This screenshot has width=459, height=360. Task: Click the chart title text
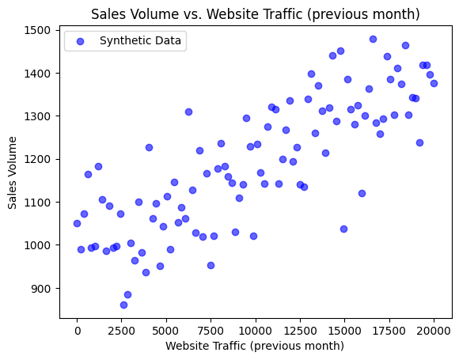[255, 14]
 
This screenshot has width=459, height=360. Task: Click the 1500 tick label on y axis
[40, 30]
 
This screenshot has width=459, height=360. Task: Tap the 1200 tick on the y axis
[40, 159]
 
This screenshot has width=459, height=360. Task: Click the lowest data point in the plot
[123, 305]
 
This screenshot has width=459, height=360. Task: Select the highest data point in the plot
[373, 39]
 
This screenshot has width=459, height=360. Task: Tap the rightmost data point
[434, 83]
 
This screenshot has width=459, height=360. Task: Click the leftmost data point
[77, 223]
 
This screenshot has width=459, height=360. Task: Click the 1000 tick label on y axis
[40, 245]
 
